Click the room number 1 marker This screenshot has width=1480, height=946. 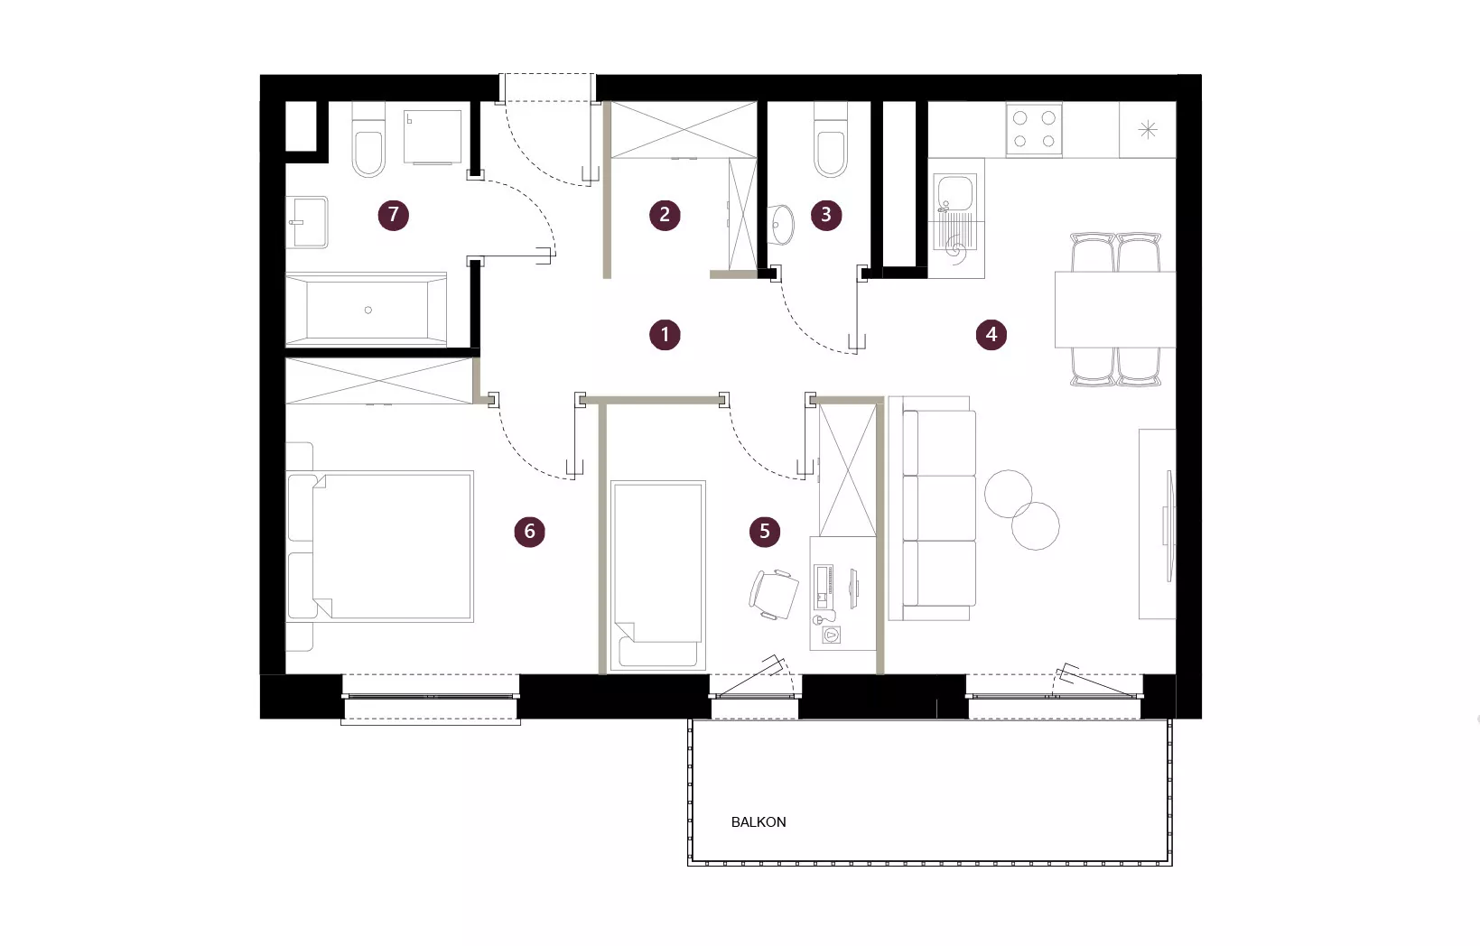tap(665, 335)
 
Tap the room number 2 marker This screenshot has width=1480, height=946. tap(665, 215)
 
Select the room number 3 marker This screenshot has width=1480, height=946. tap(826, 215)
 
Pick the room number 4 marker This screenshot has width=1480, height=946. tap(991, 335)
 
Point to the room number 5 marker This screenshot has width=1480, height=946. tap(765, 531)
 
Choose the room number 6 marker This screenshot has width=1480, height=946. tap(529, 531)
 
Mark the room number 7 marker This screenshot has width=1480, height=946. tap(393, 215)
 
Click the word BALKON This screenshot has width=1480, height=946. tap(759, 822)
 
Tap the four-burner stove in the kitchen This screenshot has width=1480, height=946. tap(1034, 129)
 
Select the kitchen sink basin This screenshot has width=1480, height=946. tap(954, 191)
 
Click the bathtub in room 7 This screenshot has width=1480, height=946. tap(366, 310)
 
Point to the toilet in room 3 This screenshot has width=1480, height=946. tap(831, 140)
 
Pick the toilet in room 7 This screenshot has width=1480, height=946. tap(368, 140)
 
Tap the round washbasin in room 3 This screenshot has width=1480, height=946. tap(781, 225)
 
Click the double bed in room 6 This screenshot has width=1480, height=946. tap(380, 546)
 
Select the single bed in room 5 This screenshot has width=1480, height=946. tap(658, 575)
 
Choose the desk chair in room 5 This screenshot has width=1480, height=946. tap(773, 595)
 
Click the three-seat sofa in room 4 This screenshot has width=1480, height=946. tap(933, 509)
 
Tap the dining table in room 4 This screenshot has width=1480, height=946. tap(1115, 310)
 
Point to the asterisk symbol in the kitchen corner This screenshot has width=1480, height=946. tap(1149, 129)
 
